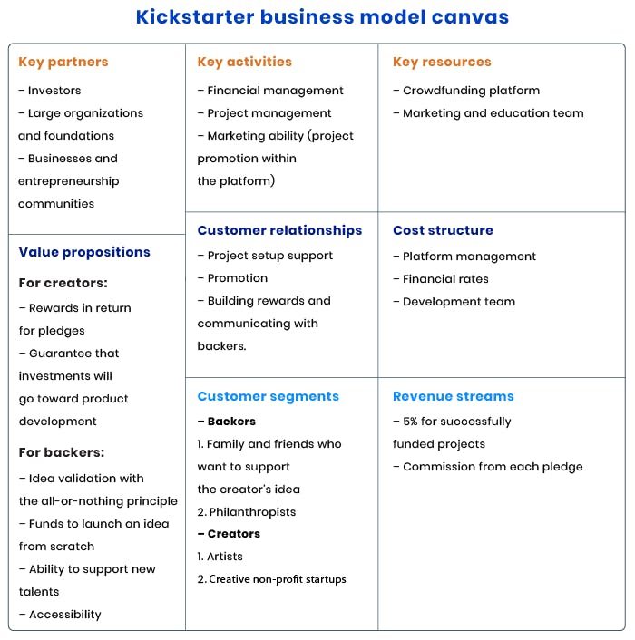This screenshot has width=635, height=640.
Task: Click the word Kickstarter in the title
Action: (x=195, y=17)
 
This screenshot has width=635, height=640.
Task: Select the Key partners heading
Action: (x=63, y=62)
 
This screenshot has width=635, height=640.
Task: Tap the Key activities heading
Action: (x=245, y=62)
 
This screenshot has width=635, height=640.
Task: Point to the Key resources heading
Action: (x=442, y=62)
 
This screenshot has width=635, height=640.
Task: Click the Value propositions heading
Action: (x=84, y=252)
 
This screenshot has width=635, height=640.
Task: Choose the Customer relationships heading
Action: (x=279, y=230)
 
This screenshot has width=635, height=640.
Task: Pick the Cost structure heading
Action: (x=443, y=230)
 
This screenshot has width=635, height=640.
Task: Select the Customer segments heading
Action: (x=269, y=396)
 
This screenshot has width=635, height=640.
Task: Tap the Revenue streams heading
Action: (x=454, y=396)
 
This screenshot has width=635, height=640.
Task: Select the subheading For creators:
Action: (x=63, y=283)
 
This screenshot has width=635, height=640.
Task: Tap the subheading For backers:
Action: (x=62, y=452)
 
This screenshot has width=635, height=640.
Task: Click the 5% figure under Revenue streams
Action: (x=410, y=422)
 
